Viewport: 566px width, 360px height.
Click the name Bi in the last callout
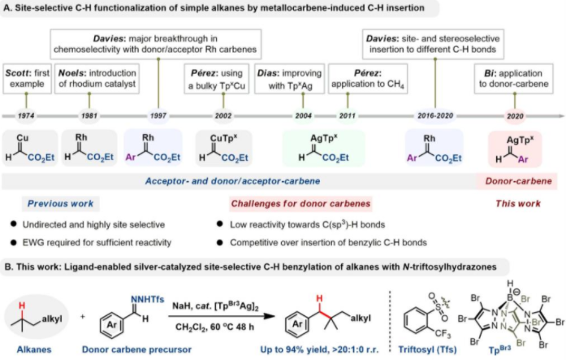(x=485, y=73)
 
